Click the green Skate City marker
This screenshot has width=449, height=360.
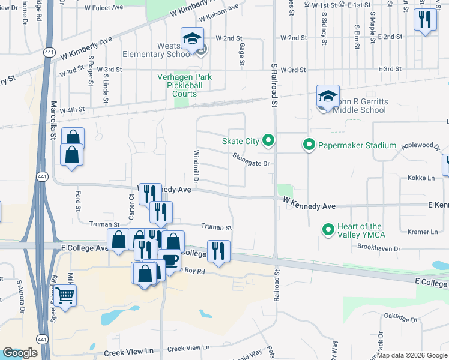(x=268, y=141)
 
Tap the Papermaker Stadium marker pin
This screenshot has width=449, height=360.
(x=309, y=145)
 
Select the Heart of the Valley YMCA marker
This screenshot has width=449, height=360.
(x=328, y=230)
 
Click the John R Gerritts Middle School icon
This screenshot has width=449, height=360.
(x=328, y=97)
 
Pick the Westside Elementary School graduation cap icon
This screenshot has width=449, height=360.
(x=192, y=40)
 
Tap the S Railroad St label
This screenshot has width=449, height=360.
(x=274, y=85)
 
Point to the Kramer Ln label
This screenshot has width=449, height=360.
(x=422, y=232)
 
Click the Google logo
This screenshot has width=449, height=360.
(x=20, y=353)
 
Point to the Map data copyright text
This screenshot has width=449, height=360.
(x=412, y=355)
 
